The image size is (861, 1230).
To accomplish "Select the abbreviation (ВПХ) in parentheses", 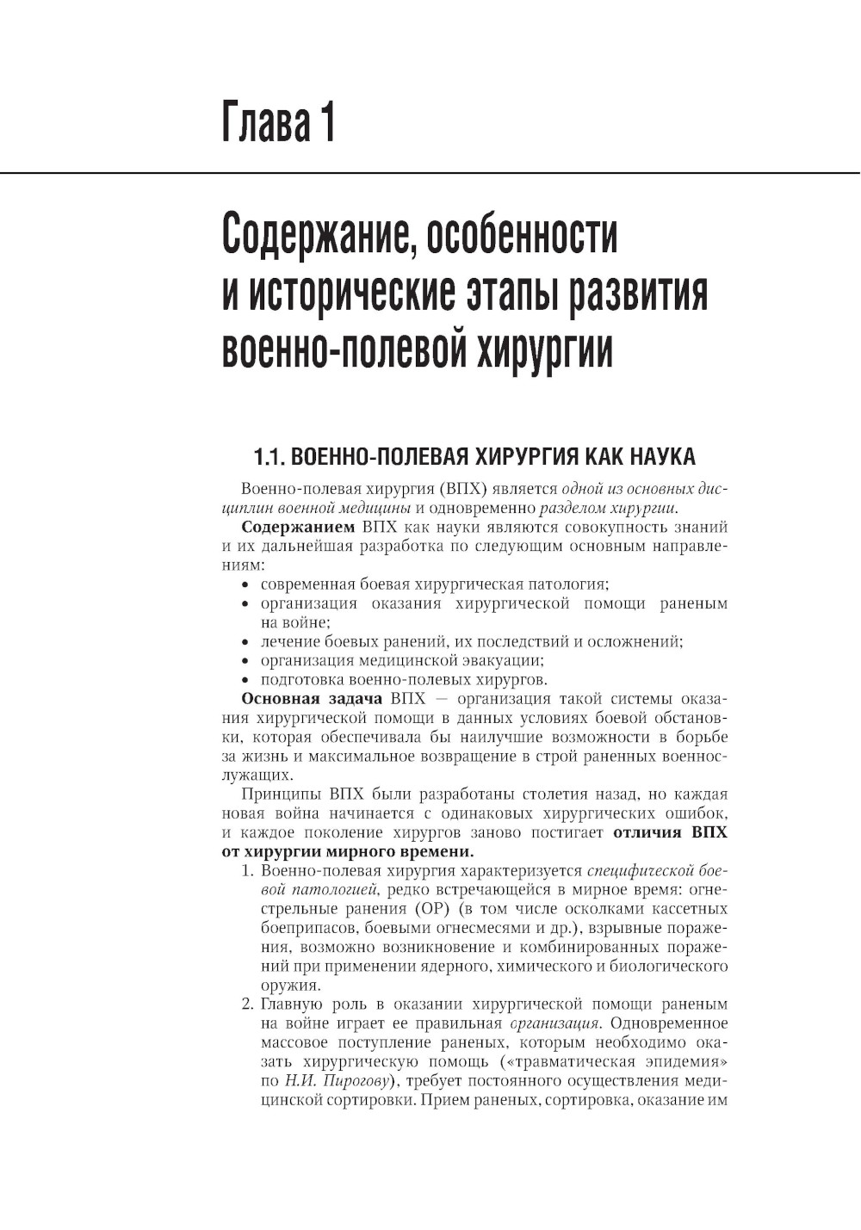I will tap(462, 488).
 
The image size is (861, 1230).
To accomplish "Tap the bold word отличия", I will tap(646, 832).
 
